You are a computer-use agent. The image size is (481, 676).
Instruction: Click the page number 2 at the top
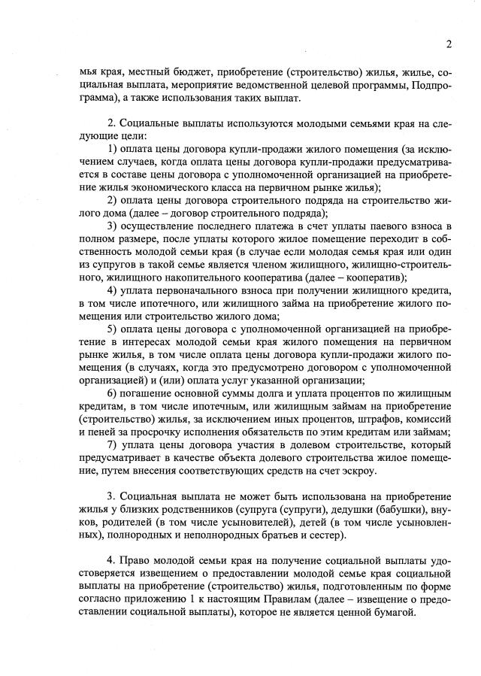(448, 44)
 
